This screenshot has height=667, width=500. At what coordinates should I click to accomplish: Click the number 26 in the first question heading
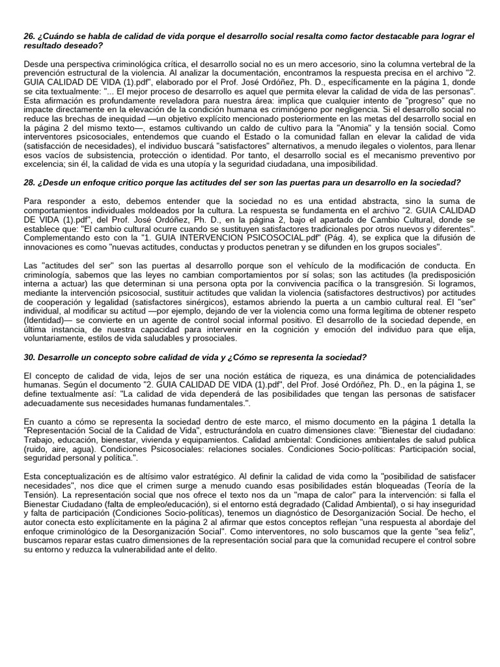coord(29,36)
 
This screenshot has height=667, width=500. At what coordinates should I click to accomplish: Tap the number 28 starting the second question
coord(29,182)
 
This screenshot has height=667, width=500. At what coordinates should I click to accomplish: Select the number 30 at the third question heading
coord(29,357)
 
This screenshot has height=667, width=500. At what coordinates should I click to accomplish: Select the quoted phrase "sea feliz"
coord(455,531)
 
